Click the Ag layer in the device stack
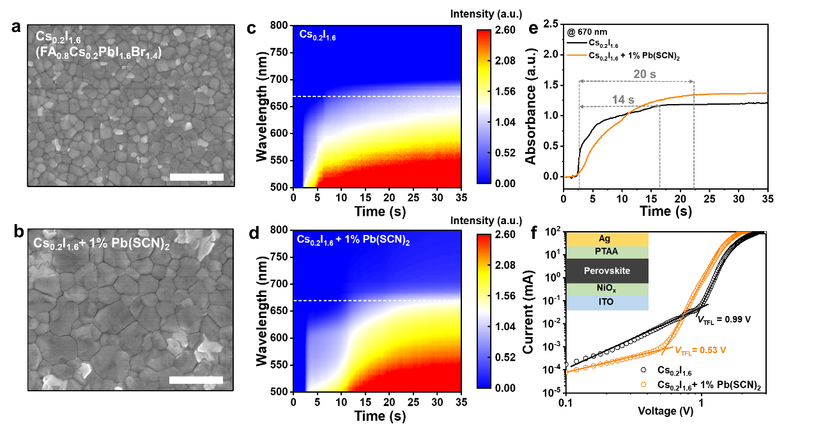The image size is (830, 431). point(607,239)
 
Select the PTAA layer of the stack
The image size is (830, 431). point(607,252)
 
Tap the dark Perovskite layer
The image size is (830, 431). point(607,271)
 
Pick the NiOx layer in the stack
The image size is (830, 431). point(607,289)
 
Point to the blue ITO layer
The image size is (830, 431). point(607,302)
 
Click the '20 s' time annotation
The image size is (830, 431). point(644,74)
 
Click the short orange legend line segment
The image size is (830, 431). point(576,55)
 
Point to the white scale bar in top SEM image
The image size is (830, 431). point(197,177)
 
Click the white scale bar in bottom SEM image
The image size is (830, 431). point(196,380)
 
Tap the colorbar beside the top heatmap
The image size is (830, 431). point(484,106)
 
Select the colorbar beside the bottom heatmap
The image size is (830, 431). point(484,311)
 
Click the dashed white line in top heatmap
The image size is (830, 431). point(377,96)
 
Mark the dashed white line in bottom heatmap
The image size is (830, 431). point(377,300)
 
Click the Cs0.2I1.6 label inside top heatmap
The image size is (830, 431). point(318,35)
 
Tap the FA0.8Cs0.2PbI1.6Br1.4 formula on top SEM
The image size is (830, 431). point(98,54)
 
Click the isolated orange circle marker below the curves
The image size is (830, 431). point(643,384)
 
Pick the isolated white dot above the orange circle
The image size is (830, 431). point(643,370)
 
